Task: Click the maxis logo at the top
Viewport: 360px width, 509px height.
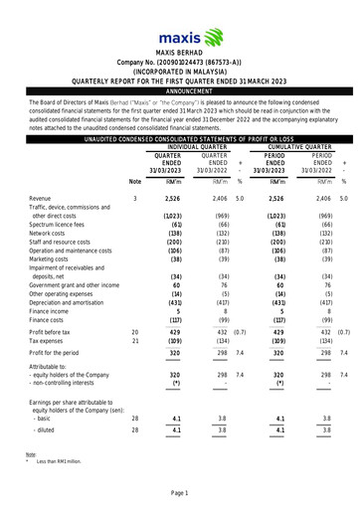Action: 180,21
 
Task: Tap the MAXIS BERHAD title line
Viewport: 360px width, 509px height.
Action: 180,49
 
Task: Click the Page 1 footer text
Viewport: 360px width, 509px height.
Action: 180,493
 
